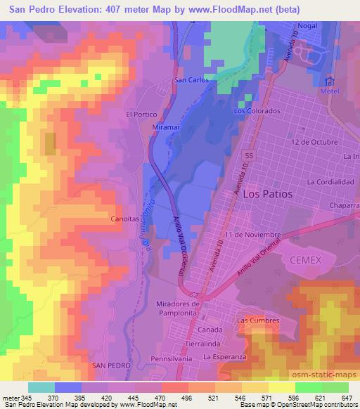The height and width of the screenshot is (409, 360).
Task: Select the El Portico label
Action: tap(140, 113)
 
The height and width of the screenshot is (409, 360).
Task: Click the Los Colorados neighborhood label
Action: tap(257, 111)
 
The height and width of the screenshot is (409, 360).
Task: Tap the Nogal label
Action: tap(307, 25)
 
